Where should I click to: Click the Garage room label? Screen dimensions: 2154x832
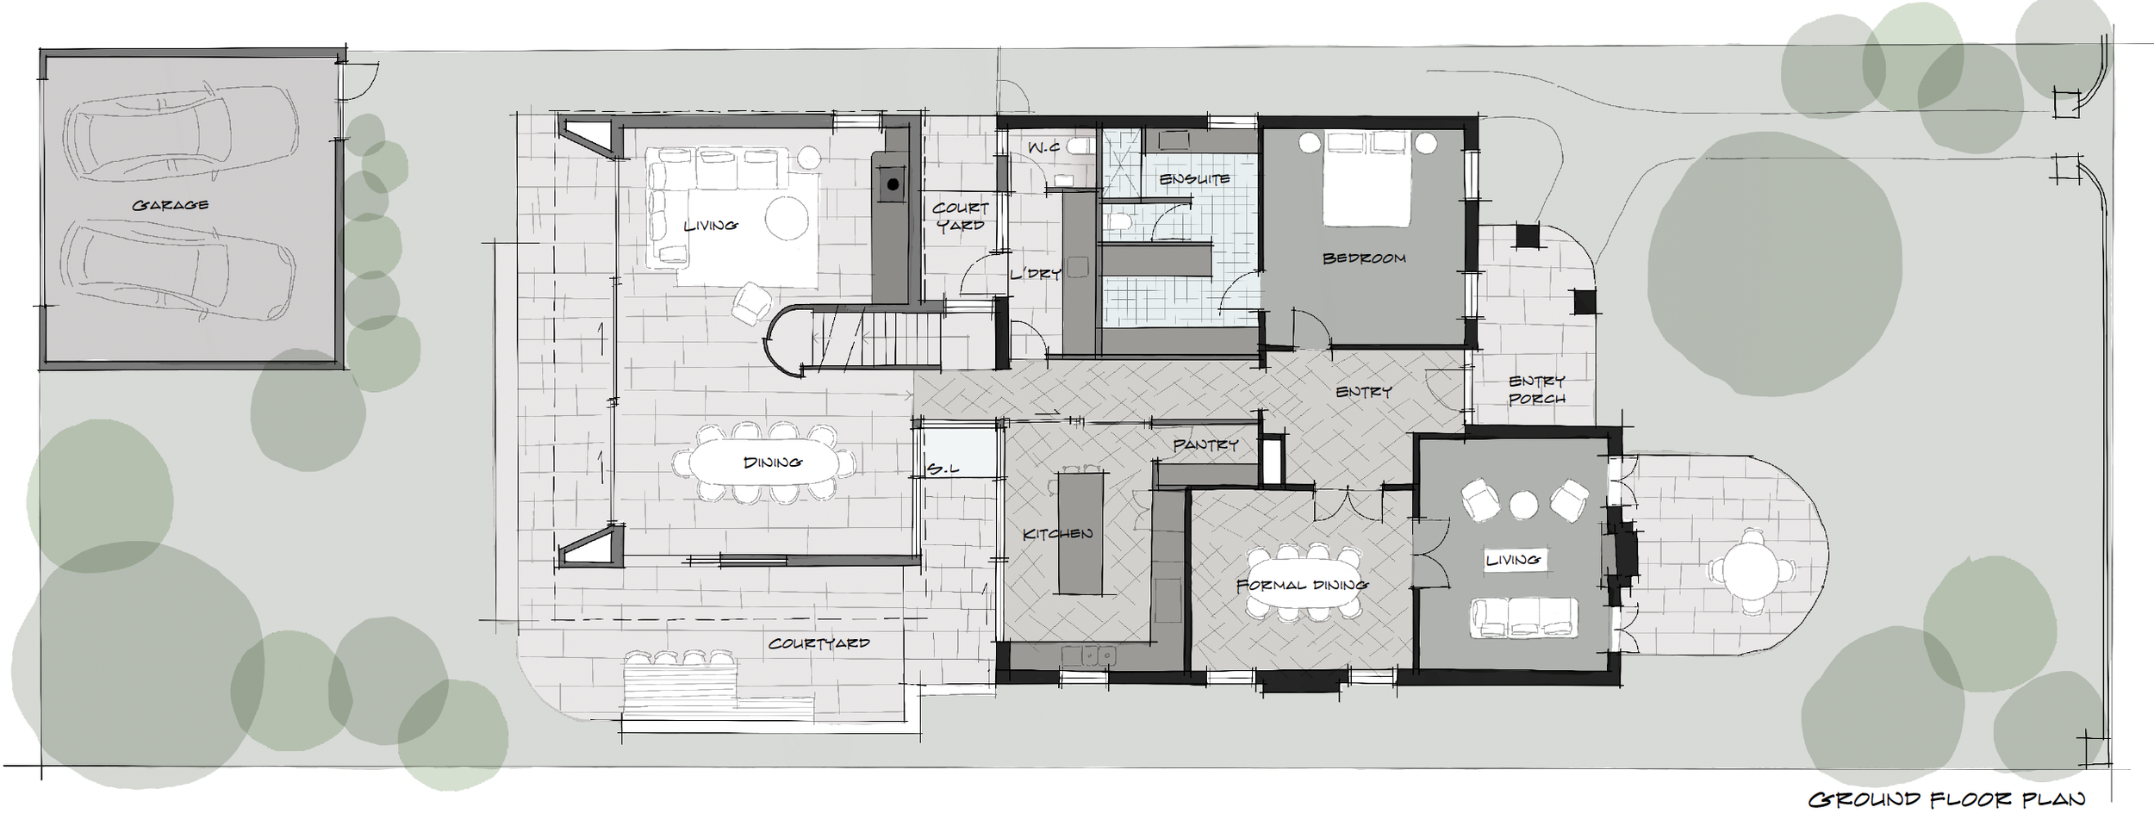(x=171, y=205)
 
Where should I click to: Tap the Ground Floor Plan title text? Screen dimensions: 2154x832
(x=1946, y=800)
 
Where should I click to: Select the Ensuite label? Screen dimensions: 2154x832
(x=1194, y=179)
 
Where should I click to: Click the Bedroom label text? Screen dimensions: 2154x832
(x=1364, y=258)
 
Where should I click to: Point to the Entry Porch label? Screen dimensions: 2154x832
(x=1537, y=390)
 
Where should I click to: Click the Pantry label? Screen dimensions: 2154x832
(x=1205, y=445)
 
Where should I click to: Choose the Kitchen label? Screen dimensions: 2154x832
(x=1057, y=534)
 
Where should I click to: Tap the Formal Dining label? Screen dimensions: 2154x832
(x=1302, y=586)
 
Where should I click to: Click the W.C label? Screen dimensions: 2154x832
(x=1043, y=148)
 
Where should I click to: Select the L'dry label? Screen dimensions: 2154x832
(x=1035, y=273)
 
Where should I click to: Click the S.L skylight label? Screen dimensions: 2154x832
(x=943, y=469)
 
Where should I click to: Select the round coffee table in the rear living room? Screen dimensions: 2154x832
(x=787, y=218)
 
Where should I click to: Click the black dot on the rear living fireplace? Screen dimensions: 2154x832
(x=893, y=184)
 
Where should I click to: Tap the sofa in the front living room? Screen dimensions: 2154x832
(x=1524, y=618)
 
